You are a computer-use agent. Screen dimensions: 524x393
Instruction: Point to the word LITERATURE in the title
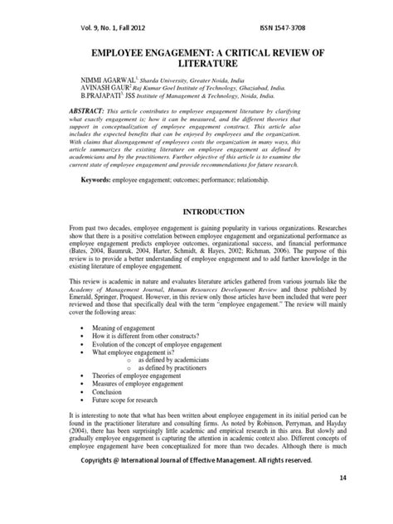[196, 61]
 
